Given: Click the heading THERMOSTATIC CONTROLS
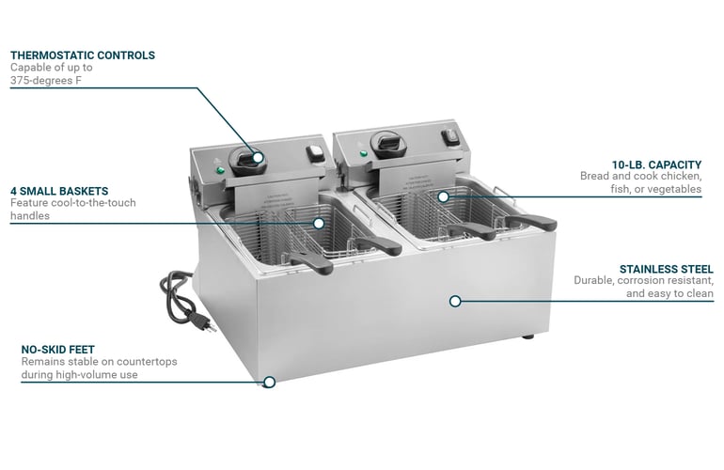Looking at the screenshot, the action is pyautogui.click(x=83, y=55).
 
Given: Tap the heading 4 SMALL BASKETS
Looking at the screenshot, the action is pyautogui.click(x=59, y=191).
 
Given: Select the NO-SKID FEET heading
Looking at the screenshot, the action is pyautogui.click(x=57, y=350).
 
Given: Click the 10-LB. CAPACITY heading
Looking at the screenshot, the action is pyautogui.click(x=656, y=164).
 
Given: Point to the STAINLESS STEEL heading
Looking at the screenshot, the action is pyautogui.click(x=667, y=269).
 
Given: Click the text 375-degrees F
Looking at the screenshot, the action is pyautogui.click(x=46, y=80).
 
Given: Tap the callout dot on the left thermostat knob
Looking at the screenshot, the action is pyautogui.click(x=259, y=157).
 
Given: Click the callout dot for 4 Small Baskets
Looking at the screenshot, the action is pyautogui.click(x=319, y=224).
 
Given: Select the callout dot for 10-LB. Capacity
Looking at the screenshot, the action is pyautogui.click(x=443, y=197).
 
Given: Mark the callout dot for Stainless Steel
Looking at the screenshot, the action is pyautogui.click(x=455, y=302).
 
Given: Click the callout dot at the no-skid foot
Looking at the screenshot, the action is pyautogui.click(x=269, y=383).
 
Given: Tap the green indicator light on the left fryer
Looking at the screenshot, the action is pyautogui.click(x=220, y=171).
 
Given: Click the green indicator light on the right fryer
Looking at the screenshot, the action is pyautogui.click(x=363, y=153).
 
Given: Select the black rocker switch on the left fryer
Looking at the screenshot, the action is pyautogui.click(x=315, y=153).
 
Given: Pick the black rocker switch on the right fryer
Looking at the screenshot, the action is pyautogui.click(x=449, y=136).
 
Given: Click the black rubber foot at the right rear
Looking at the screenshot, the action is pyautogui.click(x=528, y=337).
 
